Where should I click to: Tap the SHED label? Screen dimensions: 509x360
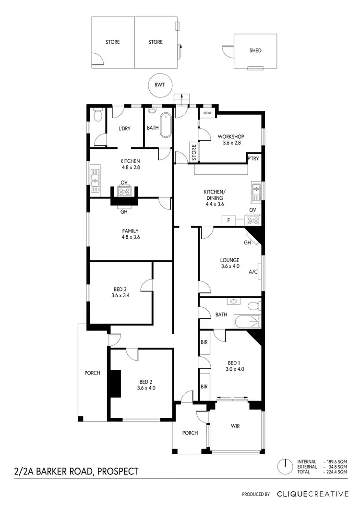[x=255, y=50]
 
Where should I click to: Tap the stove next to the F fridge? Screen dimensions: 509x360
[x=252, y=220]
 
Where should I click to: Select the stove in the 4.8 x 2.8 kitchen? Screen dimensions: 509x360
[x=124, y=191]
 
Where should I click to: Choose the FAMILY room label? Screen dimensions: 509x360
[x=130, y=231]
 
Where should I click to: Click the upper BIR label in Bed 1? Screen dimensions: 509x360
[x=204, y=342]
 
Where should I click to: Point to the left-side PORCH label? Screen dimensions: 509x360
[x=92, y=373]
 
